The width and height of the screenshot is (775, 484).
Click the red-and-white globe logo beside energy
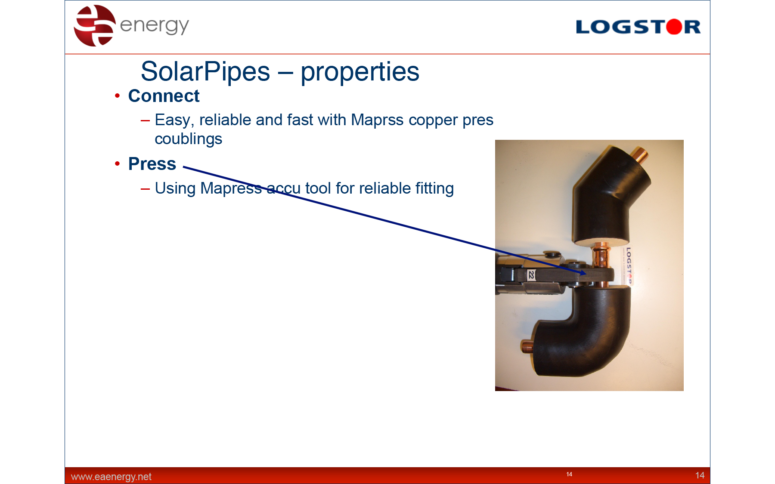click(x=95, y=25)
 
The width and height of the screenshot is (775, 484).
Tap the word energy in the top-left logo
click(x=154, y=26)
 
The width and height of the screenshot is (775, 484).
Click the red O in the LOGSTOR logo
click(x=674, y=27)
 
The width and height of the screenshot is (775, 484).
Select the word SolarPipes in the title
click(x=205, y=71)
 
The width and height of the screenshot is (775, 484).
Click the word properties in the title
click(x=360, y=72)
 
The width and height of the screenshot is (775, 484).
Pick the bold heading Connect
click(x=164, y=96)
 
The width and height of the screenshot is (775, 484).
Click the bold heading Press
click(x=152, y=164)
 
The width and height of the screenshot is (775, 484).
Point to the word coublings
click(x=188, y=139)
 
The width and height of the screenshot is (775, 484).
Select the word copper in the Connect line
click(x=433, y=120)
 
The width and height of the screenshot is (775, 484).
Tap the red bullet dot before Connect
click(x=117, y=96)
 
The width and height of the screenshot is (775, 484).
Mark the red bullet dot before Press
click(x=117, y=164)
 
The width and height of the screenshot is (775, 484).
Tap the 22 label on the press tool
click(x=532, y=275)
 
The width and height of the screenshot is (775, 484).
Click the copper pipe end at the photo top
click(x=640, y=155)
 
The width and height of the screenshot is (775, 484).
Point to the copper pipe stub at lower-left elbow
click(x=527, y=347)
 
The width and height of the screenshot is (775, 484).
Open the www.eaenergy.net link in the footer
click(x=111, y=477)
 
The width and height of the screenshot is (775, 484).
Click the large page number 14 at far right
click(x=700, y=475)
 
